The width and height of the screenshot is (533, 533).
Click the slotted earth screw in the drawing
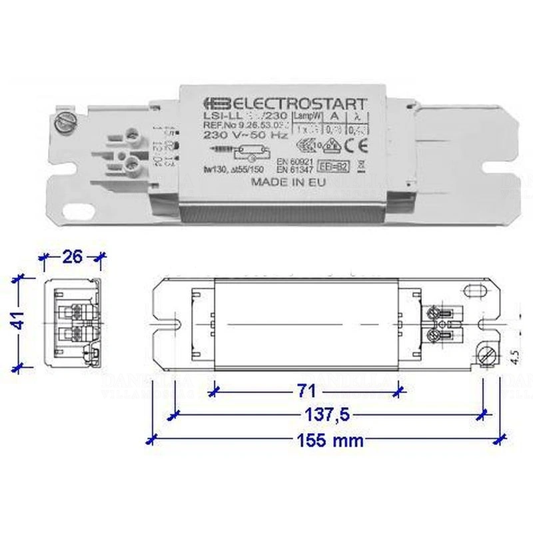484,356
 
